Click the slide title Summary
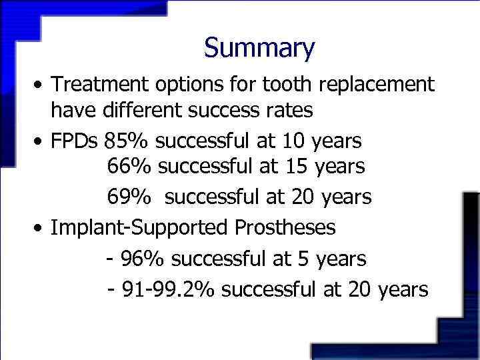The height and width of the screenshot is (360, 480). coord(259,48)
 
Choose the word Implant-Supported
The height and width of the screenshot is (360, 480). coord(140,227)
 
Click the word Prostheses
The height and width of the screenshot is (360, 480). coord(285,227)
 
